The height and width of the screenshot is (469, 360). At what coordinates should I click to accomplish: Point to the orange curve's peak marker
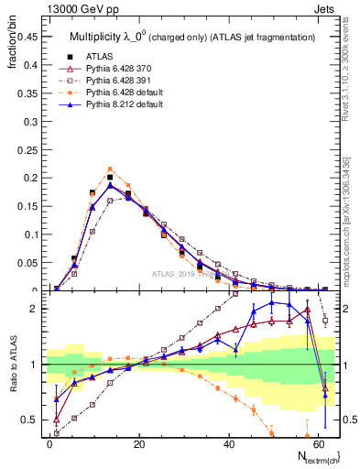point(110,169)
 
